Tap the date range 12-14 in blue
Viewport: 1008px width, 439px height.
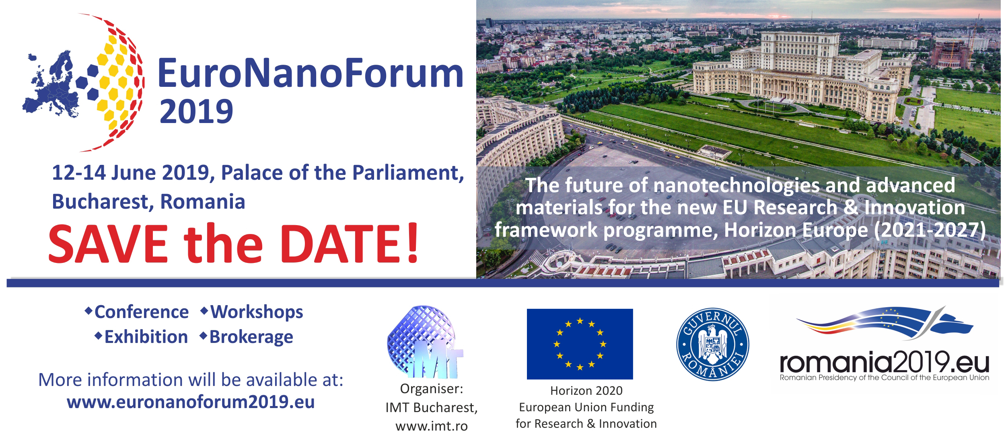click(79, 173)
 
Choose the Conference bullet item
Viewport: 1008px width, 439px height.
click(137, 312)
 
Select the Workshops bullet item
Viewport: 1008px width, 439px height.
click(252, 312)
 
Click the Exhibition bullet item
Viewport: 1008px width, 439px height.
click(141, 337)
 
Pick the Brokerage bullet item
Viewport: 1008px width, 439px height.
click(247, 337)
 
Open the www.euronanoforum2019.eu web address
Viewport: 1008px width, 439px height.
click(191, 402)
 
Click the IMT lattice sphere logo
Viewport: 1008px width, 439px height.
click(425, 342)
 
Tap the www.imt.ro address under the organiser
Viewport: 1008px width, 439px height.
click(432, 426)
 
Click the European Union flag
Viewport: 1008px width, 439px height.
click(580, 344)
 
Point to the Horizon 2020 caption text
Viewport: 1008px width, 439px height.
click(586, 390)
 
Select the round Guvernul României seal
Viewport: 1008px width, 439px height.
click(712, 344)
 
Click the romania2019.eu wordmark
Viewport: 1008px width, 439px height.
click(884, 363)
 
